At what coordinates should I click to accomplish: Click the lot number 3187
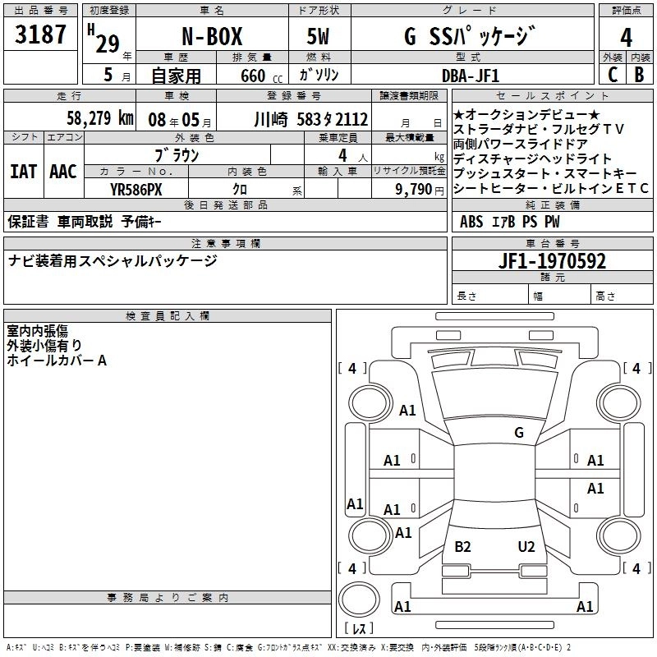pos(42,37)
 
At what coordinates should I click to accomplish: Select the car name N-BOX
pos(210,37)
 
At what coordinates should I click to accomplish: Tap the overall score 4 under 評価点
pos(626,37)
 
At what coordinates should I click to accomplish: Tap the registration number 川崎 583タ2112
pos(311,118)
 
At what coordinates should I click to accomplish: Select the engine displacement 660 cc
pos(252,76)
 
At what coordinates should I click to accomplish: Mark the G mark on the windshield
pos(518,433)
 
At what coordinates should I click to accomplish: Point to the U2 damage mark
pos(526,547)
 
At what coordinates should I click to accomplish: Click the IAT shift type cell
pos(23,172)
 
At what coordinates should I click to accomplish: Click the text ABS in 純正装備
pos(471,222)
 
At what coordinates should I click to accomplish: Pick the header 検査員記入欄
pos(168,315)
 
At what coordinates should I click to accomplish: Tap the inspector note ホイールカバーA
pos(57,361)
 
